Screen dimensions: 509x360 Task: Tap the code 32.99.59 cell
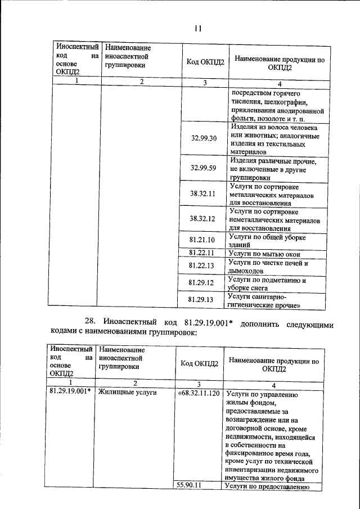tap(203, 168)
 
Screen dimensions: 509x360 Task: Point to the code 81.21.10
tap(203, 240)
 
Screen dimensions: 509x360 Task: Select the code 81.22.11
tap(203, 253)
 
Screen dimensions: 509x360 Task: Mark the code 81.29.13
tap(203, 300)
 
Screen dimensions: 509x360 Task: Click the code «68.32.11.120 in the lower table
tap(199, 393)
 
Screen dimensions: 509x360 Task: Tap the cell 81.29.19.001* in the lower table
tap(70, 393)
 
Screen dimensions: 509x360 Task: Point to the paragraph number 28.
tap(91, 321)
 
